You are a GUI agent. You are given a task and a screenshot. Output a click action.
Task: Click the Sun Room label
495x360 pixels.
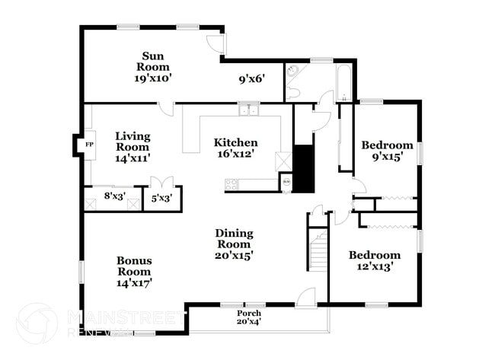153,66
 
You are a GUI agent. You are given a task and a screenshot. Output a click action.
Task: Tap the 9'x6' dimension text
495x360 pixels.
251,77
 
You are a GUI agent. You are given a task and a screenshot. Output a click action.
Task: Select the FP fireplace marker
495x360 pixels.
89,144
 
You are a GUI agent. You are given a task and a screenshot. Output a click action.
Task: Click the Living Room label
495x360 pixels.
133,147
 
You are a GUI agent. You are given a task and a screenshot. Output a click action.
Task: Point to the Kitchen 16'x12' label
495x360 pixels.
235,148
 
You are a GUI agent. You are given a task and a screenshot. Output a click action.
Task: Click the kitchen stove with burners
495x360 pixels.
232,183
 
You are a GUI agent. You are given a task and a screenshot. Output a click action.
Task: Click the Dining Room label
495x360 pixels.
234,244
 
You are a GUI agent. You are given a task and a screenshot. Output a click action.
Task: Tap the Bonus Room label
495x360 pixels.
133,271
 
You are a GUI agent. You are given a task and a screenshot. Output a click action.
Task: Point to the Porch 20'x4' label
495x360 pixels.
248,317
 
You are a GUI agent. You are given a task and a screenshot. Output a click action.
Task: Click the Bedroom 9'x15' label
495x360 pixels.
387,151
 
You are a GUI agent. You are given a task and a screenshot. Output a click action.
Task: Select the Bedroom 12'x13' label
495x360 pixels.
374,260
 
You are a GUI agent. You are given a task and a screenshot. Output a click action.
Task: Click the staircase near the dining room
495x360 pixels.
318,251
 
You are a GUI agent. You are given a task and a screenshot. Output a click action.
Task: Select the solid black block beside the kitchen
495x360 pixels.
304,168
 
